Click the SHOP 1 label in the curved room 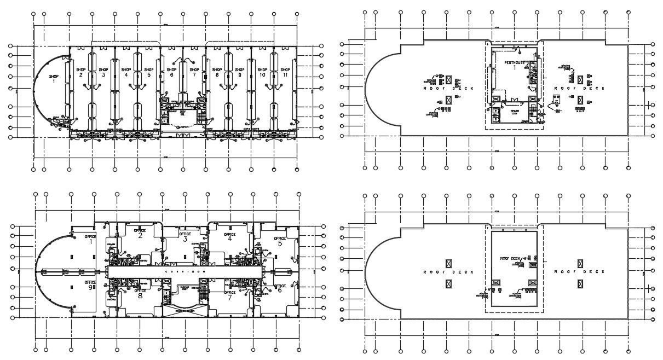[54, 79]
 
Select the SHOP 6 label [171, 72]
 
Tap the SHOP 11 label [285, 72]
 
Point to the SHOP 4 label [126, 72]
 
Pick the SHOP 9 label [239, 72]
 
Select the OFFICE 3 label [185, 236]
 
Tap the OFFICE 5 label [280, 241]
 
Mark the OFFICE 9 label [90, 286]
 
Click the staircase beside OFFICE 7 [204, 293]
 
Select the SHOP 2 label [80, 72]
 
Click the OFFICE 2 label [140, 234]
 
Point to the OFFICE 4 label [230, 236]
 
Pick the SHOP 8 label [217, 72]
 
